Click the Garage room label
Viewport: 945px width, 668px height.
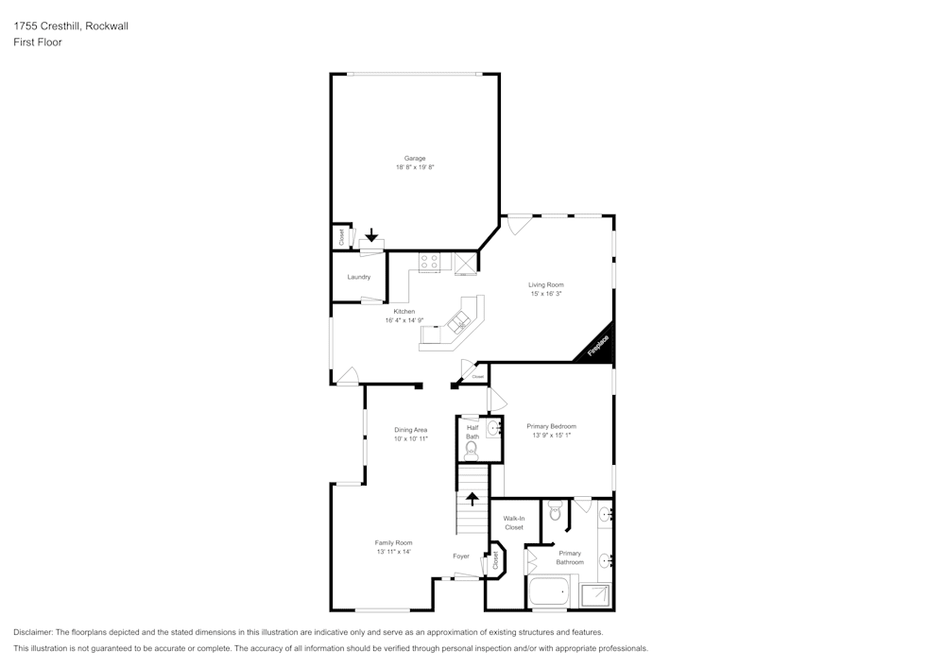point(415,159)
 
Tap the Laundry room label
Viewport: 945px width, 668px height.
point(358,277)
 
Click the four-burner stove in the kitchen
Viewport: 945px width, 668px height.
point(429,263)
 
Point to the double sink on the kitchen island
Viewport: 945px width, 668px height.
point(459,321)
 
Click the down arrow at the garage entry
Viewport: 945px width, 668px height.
point(371,234)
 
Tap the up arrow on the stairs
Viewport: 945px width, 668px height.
point(472,498)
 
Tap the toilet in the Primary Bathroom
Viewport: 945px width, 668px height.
point(555,512)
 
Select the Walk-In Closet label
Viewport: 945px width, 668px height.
point(513,522)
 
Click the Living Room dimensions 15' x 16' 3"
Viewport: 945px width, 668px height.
point(546,294)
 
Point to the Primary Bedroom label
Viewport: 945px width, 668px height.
point(551,426)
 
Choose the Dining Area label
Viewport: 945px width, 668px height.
point(410,430)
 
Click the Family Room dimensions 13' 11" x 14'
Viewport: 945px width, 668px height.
point(393,552)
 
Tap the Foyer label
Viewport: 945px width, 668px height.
point(461,557)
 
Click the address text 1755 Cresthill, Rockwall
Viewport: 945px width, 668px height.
point(71,26)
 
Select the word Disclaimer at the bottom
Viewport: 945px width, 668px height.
point(33,632)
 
